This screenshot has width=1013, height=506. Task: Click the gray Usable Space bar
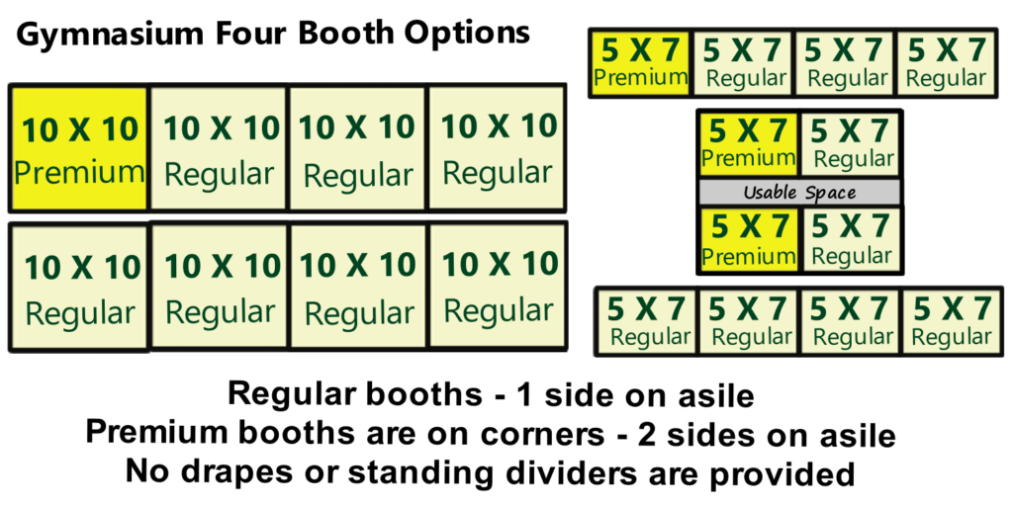(799, 193)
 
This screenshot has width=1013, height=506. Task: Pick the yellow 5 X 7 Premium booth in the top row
(641, 63)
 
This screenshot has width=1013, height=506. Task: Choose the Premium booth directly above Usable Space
(749, 144)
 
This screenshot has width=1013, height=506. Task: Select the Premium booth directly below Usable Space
(749, 239)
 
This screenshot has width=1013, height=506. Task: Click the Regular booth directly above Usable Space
(850, 144)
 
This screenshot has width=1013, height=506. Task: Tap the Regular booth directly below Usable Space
(850, 239)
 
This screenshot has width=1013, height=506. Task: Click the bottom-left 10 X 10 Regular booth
(80, 288)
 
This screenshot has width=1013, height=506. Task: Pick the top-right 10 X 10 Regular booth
(497, 147)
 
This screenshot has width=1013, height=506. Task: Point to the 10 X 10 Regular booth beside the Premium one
(219, 148)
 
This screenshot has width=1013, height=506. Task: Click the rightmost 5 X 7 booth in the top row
(946, 63)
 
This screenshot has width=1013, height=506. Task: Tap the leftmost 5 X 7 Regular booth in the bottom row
(647, 321)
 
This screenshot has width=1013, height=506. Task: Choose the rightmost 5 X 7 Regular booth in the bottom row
(951, 321)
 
